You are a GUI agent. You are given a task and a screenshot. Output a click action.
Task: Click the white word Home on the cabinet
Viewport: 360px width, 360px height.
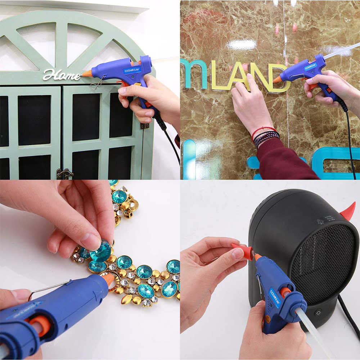(62, 75)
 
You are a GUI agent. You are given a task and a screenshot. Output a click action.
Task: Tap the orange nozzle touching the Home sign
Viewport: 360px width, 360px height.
(87, 73)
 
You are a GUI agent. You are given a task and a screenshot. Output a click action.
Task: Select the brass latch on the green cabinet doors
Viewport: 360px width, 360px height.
(64, 174)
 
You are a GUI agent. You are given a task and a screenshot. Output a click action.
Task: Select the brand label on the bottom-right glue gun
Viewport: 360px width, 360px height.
(274, 297)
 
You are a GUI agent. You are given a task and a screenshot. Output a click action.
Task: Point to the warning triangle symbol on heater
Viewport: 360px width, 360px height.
(320, 221)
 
